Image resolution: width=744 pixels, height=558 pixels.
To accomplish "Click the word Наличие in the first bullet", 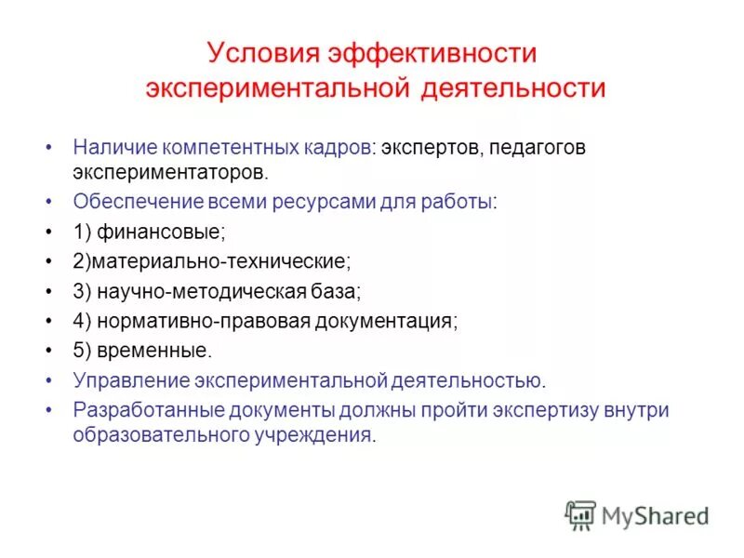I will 113,148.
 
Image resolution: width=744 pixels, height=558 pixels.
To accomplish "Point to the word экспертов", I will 424,148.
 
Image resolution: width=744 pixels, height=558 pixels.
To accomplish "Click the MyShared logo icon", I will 580,515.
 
